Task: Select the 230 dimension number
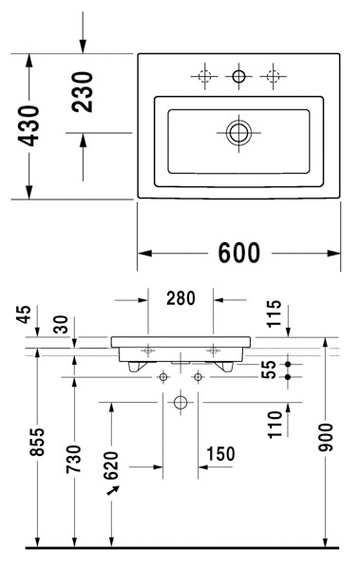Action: pos(84,92)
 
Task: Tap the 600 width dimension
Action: pos(239,253)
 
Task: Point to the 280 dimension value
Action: pos(181,298)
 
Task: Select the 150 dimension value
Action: pos(219,454)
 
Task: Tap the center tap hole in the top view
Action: pos(238,75)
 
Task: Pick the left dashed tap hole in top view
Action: pos(203,75)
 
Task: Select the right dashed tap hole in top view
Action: pos(274,75)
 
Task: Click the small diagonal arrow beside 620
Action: pos(115,491)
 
